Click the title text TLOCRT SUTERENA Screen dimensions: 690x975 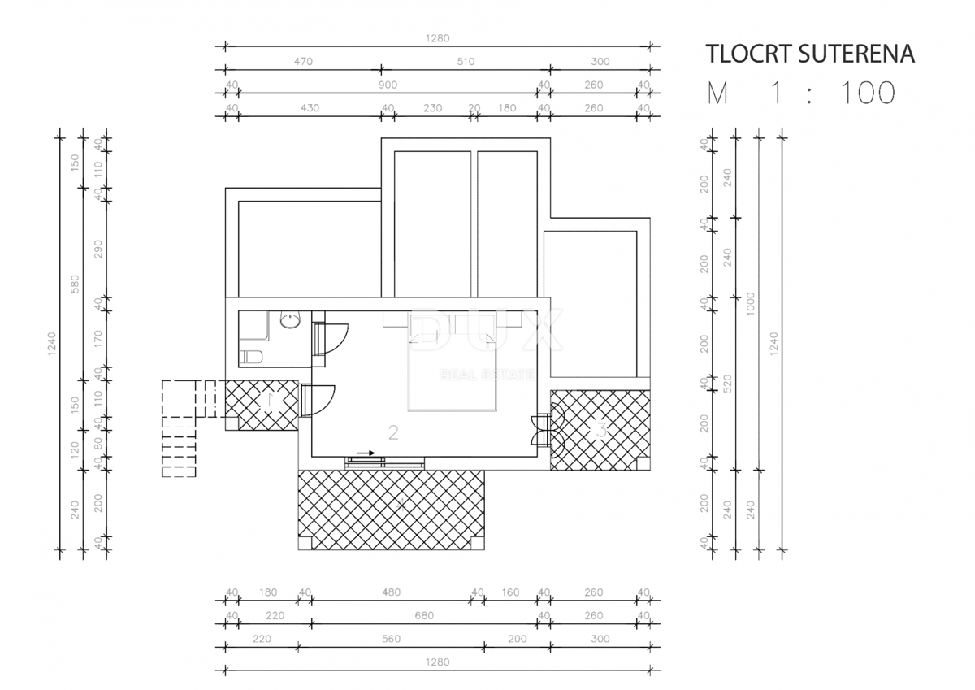tap(810, 54)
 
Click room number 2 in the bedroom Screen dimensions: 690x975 tap(393, 432)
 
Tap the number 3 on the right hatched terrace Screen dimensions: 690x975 tap(601, 429)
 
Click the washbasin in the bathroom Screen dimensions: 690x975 tap(290, 322)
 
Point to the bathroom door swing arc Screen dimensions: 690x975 tap(336, 338)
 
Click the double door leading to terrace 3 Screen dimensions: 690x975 tap(541, 428)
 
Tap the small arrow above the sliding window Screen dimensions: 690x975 tap(366, 453)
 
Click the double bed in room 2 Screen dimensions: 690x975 tap(453, 375)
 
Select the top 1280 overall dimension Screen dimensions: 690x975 tap(438, 38)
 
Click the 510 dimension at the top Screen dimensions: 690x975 tap(466, 62)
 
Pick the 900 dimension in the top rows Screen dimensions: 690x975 tap(388, 85)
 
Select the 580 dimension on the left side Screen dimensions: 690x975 tap(76, 284)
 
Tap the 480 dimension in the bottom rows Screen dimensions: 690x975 tap(391, 592)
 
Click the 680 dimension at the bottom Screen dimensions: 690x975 tap(423, 616)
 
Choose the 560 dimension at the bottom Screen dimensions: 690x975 tap(391, 639)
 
